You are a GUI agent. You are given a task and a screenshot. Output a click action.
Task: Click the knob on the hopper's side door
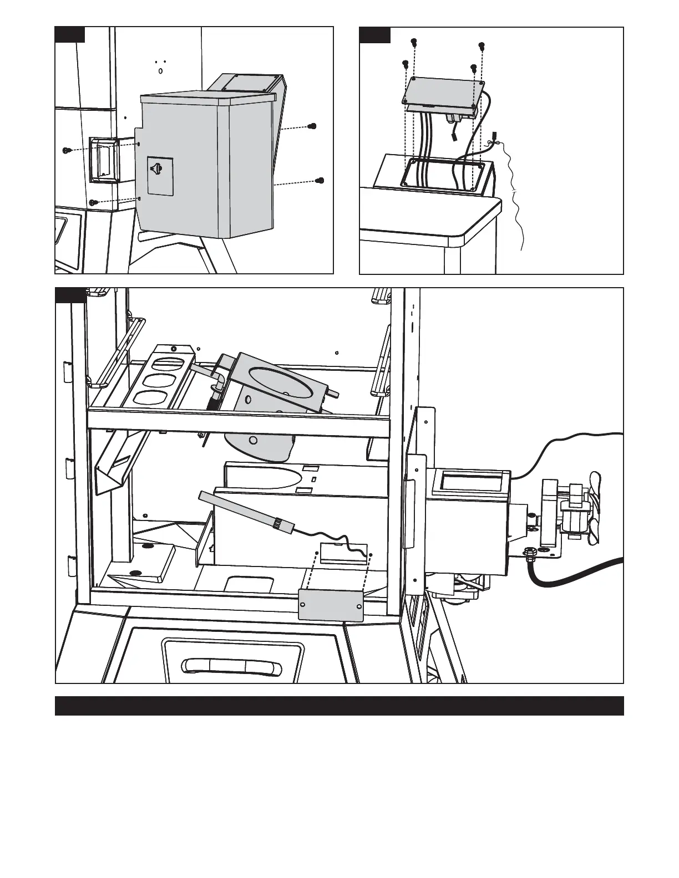tap(159, 167)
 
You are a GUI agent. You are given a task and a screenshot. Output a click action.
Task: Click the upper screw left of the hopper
tap(67, 150)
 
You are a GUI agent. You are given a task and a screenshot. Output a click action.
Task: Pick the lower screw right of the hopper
tap(320, 180)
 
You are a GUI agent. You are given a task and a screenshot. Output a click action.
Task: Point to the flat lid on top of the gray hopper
tap(208, 99)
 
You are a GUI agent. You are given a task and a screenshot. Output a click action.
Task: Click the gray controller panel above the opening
tap(445, 89)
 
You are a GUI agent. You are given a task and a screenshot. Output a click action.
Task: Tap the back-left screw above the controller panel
tap(413, 42)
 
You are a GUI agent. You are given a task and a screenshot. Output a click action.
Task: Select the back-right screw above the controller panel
tap(481, 45)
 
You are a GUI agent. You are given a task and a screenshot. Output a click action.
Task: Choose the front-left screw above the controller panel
tap(406, 64)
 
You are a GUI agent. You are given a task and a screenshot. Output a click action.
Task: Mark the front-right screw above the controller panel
tap(473, 68)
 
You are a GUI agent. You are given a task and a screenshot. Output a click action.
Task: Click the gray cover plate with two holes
tap(331, 605)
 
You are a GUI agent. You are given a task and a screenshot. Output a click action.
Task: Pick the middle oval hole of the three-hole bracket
tap(160, 381)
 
